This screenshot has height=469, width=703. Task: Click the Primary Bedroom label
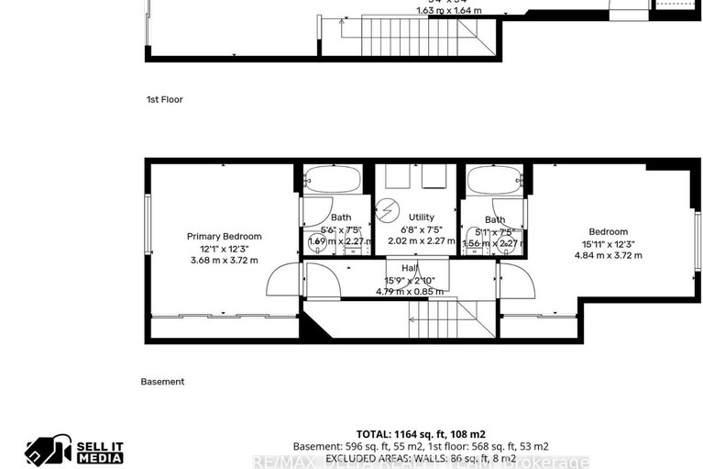[224, 236]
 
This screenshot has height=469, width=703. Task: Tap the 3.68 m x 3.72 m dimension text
[224, 260]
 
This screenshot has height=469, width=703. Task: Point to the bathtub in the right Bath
[494, 180]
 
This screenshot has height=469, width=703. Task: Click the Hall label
[410, 268]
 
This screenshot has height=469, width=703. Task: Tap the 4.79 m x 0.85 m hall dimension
[410, 291]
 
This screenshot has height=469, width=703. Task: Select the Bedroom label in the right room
[609, 231]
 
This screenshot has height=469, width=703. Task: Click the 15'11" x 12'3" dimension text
[609, 244]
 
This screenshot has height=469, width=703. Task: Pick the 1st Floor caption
[165, 99]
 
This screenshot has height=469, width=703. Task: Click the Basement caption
[162, 381]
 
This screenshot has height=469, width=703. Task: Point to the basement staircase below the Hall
[439, 320]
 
